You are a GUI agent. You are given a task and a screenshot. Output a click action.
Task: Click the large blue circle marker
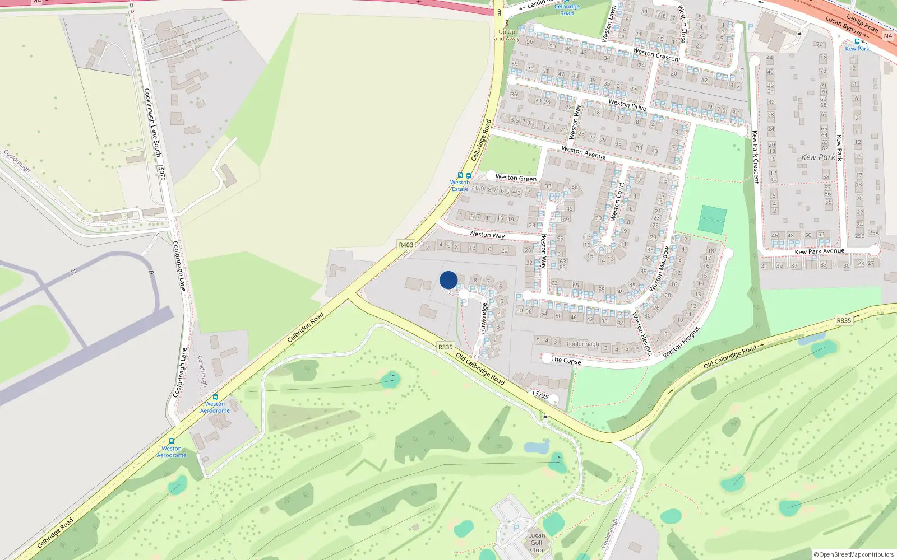[449, 280]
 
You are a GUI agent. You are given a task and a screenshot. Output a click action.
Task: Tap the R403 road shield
[406, 245]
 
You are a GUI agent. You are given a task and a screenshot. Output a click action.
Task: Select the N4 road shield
[887, 36]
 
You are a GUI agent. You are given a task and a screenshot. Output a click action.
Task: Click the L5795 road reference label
[540, 395]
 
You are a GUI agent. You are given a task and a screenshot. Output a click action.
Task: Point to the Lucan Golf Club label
[537, 542]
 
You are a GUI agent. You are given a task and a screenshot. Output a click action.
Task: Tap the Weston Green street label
[516, 178]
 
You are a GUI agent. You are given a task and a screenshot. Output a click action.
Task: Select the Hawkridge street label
[483, 318]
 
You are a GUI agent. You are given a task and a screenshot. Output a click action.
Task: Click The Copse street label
[566, 360]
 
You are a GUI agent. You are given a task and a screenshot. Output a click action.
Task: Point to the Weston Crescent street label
[656, 55]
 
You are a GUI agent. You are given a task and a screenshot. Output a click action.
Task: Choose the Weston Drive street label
[627, 104]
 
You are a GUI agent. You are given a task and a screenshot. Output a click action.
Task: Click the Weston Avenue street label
[584, 152]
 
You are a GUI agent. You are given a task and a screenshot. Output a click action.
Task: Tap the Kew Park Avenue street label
[819, 251]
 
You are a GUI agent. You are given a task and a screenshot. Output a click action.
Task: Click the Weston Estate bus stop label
[460, 185]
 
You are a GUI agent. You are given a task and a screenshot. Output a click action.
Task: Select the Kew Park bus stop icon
[857, 41]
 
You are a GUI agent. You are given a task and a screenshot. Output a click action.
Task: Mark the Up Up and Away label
[507, 35]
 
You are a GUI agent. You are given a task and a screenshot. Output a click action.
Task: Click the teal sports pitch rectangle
[712, 220]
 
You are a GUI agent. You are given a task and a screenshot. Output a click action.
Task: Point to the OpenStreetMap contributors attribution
[854, 554]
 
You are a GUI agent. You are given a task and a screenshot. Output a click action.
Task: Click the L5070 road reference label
[161, 172]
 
